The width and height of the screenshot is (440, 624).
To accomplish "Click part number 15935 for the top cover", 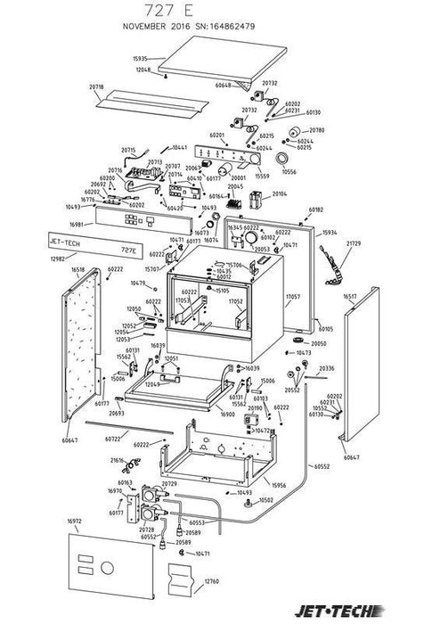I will (x=143, y=58).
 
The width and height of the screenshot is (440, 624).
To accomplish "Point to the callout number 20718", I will (x=97, y=86).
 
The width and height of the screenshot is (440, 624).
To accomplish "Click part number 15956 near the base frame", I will (x=278, y=486).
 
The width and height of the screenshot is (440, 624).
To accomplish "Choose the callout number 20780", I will (x=318, y=130).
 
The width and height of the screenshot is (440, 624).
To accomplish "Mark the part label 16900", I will (x=227, y=415).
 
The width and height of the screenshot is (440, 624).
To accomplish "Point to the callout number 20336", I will (x=327, y=367).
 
